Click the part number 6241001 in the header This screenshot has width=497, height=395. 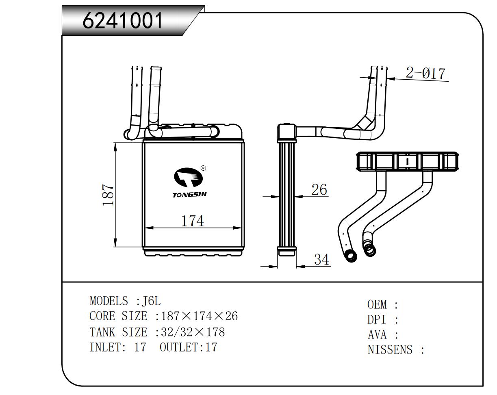123,20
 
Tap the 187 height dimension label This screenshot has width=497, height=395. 108,195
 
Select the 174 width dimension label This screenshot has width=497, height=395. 192,221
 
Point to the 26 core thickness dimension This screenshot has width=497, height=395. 319,189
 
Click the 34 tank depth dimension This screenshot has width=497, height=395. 321,259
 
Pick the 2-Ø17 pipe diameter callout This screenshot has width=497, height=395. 425,73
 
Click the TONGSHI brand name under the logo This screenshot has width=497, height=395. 190,195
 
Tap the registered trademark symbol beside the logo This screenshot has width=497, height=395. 203,168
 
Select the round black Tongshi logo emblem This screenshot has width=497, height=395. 188,178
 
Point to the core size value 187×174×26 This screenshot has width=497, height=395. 199,316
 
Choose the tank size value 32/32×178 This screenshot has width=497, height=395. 193,332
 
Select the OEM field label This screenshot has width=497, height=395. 377,304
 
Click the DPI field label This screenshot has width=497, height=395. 376,319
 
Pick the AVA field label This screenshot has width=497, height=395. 377,334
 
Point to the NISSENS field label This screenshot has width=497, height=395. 390,349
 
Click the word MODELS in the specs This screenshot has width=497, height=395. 108,301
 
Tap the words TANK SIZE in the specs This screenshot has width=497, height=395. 118,332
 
